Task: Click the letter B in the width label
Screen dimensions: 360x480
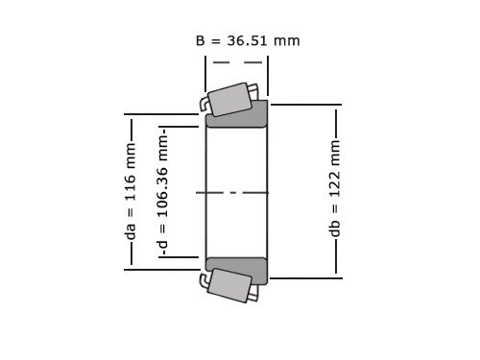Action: (x=201, y=40)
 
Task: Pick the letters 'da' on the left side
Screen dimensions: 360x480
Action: (x=130, y=230)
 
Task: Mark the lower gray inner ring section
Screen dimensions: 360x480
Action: (x=237, y=270)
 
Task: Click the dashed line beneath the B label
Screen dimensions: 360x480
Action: (x=236, y=62)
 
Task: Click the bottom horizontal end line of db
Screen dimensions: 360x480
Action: (x=305, y=277)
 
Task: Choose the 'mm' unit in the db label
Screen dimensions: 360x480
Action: (x=335, y=150)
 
